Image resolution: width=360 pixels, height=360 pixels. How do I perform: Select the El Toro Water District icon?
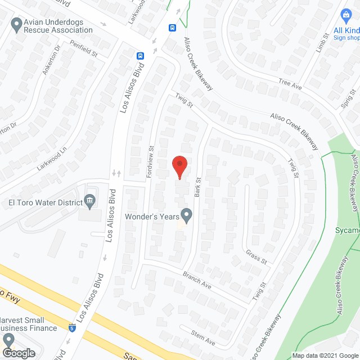pos(89,201)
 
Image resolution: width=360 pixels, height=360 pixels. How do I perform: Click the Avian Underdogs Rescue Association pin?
pos(16,25)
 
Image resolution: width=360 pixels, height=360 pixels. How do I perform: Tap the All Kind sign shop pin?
pos(346,15)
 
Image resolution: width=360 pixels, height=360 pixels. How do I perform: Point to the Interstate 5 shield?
pos(71,327)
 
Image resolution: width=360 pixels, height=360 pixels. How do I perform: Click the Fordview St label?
pos(151,163)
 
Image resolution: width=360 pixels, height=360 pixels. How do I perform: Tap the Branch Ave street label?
pos(197,280)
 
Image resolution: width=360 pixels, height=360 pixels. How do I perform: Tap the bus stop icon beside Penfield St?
pos(139,56)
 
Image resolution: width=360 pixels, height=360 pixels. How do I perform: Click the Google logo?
pos(18,353)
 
